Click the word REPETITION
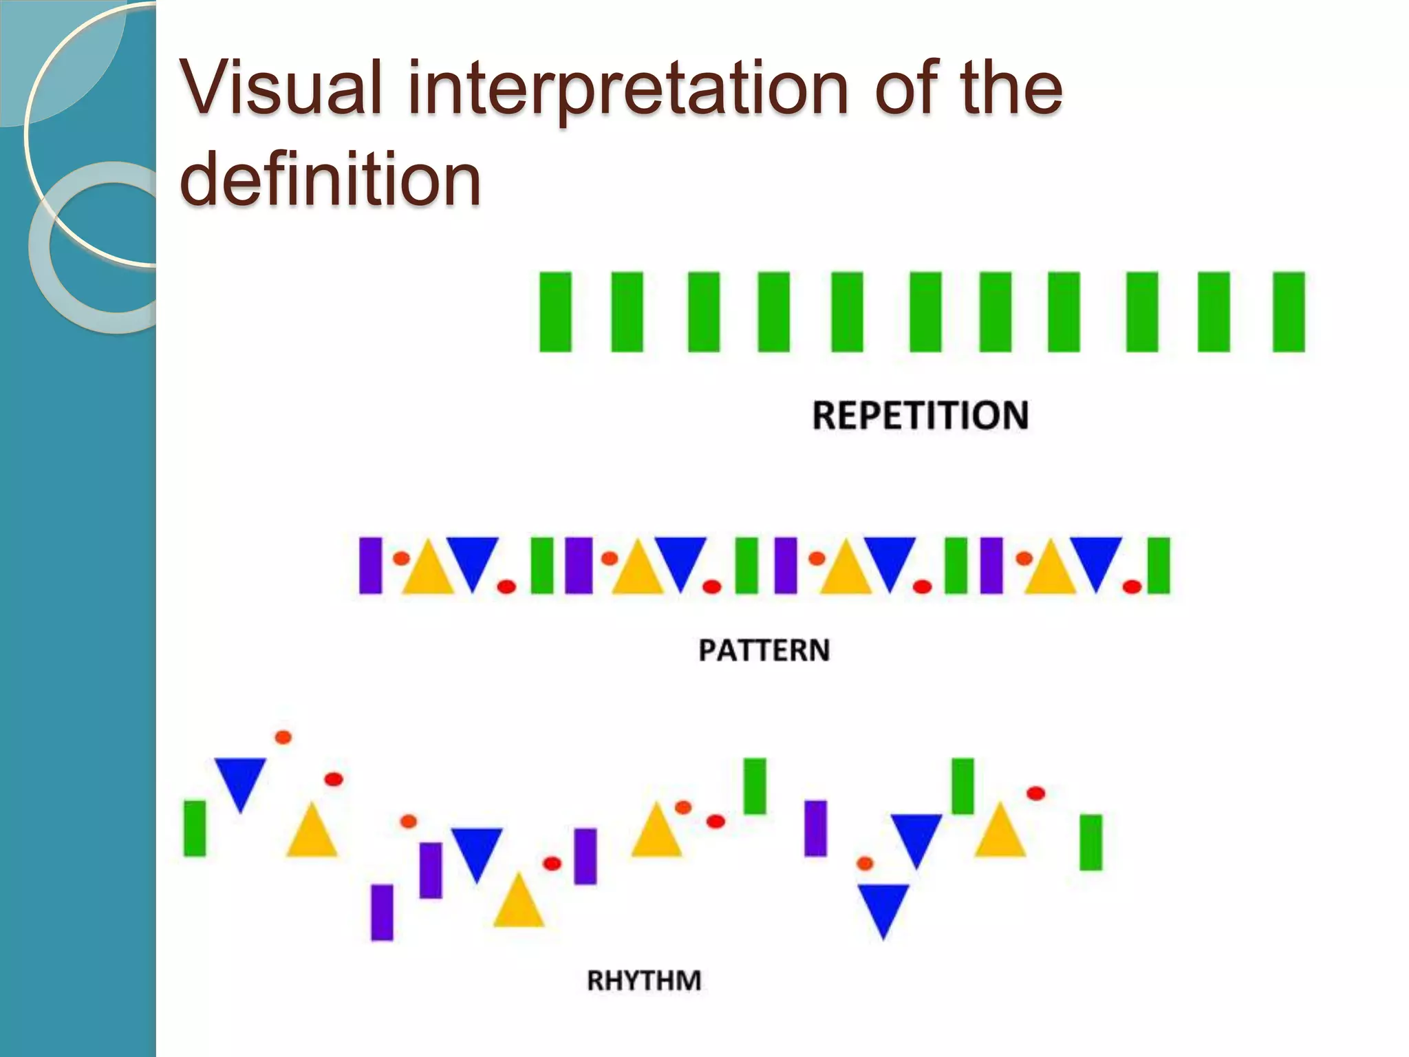point(920,416)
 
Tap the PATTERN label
point(764,650)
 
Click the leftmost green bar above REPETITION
point(555,312)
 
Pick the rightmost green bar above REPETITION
point(1289,312)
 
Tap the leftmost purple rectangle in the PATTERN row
point(370,566)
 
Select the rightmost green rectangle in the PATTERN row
point(1159,566)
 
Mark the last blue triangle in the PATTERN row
point(1096,561)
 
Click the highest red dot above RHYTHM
point(283,737)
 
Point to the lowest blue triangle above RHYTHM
point(883,907)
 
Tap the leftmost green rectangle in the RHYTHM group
point(195,828)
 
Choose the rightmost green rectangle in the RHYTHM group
point(1090,842)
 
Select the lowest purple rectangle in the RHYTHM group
point(382,912)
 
